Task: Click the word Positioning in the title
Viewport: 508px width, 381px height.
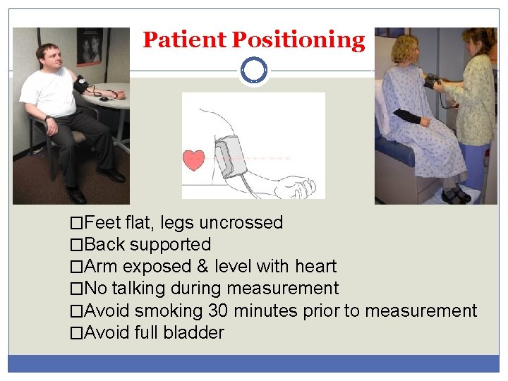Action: click(298, 40)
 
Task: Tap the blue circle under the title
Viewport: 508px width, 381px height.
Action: click(253, 71)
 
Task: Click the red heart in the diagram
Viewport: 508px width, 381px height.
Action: click(194, 159)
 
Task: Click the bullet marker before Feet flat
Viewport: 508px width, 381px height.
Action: click(76, 224)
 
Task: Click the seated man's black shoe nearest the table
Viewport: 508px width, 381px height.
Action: click(111, 174)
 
